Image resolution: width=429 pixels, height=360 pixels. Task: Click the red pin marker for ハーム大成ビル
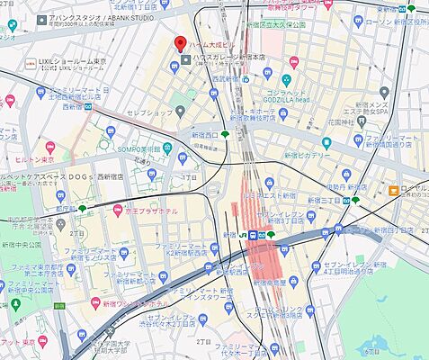[x=180, y=43]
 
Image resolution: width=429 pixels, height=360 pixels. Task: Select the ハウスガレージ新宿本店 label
[x=229, y=58]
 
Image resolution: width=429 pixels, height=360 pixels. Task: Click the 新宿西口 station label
[x=205, y=134]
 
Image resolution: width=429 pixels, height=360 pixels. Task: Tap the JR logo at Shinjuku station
[x=244, y=235]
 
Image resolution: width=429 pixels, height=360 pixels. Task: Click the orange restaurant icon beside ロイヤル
[x=394, y=190]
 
